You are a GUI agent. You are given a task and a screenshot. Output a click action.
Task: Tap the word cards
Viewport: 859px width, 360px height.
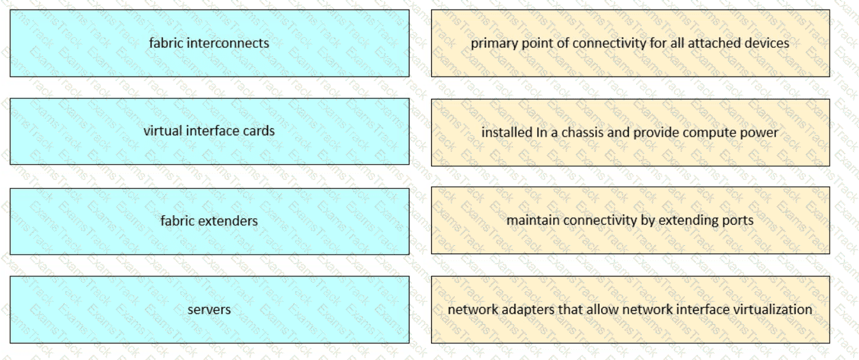tap(259, 131)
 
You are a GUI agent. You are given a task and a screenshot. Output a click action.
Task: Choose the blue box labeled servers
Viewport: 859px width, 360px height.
tap(209, 310)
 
